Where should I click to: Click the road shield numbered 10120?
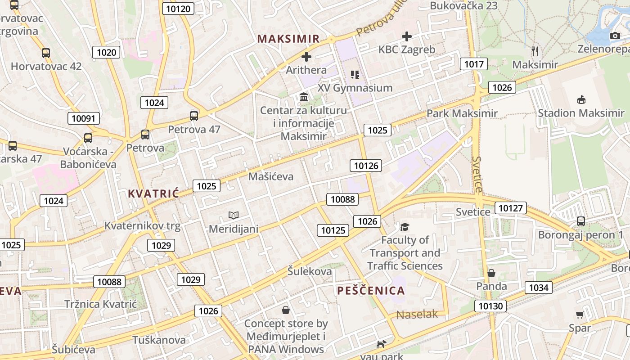(x=178, y=9)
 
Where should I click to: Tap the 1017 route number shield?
(x=474, y=64)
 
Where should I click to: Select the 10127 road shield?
(x=510, y=207)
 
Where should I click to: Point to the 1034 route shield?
(x=538, y=287)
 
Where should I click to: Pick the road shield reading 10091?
(x=84, y=118)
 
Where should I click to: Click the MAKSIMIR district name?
(x=288, y=39)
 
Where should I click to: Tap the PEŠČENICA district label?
(x=371, y=290)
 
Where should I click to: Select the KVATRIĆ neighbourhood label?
(x=153, y=193)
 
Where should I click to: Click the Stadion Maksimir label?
(x=581, y=113)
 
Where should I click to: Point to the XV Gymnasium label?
(x=355, y=88)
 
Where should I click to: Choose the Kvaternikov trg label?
(x=142, y=225)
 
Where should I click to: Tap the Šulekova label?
(x=310, y=271)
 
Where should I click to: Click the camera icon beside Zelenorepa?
(x=615, y=36)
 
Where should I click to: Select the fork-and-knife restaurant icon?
(x=535, y=51)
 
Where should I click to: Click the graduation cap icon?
(x=405, y=227)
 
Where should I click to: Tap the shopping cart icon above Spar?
(x=580, y=315)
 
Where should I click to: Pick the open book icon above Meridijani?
(x=233, y=216)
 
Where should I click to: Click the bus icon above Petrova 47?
(x=194, y=116)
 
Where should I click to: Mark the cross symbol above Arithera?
(x=306, y=57)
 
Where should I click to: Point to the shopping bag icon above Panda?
(x=491, y=273)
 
